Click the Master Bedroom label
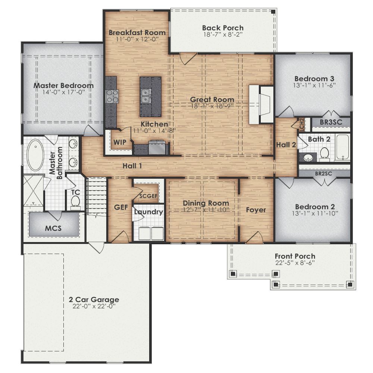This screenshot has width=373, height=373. coord(63,85)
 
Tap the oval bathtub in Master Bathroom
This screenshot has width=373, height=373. coord(35,155)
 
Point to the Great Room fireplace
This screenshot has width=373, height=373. coord(262,104)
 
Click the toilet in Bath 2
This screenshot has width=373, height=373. coord(325,153)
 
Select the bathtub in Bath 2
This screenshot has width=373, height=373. coord(342,147)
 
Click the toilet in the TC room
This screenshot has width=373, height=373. coord(76,202)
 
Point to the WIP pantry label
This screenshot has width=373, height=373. coord(119,142)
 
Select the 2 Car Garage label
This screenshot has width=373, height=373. coord(94,300)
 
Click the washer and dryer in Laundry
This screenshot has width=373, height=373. coord(151,233)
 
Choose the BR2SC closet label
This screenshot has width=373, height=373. coord(325,173)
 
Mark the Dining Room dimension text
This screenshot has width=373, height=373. coord(206,210)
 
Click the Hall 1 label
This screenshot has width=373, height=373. coord(132,166)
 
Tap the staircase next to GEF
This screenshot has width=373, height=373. coord(97,196)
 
